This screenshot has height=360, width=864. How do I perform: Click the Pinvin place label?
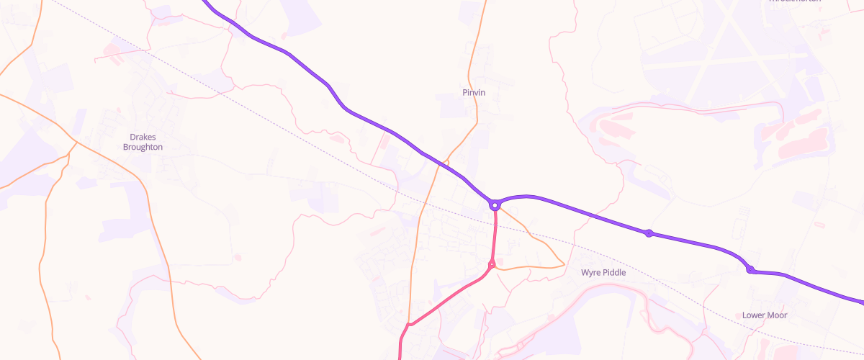pos(474,93)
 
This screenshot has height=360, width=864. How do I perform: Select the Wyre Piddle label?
pos(603,273)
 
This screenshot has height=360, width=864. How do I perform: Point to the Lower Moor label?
pos(765,315)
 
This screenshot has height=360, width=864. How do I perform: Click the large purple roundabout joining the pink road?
pos(495,205)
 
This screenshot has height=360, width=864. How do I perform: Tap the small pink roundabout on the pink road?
pos(492,264)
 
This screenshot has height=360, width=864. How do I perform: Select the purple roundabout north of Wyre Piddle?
pos(649,233)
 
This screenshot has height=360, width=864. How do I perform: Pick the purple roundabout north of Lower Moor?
pos(750,270)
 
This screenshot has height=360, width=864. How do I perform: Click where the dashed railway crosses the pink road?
pos(495,225)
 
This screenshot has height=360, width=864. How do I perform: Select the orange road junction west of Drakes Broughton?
pos(75,143)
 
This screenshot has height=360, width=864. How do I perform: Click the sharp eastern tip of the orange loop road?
pos(564,264)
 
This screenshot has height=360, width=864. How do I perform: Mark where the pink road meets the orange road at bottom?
pos(408,325)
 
